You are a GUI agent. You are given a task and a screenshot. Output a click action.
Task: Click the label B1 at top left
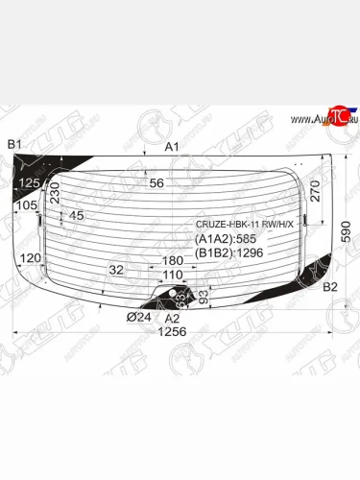[x=14, y=144]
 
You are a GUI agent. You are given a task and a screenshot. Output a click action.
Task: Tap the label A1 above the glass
[x=173, y=147]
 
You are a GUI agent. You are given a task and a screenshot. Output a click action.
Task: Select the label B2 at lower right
[x=329, y=287]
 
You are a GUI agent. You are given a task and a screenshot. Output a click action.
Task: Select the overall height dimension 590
[x=348, y=230]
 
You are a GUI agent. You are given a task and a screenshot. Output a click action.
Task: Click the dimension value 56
[x=157, y=183]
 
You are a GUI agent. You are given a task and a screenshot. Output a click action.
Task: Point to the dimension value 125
[x=32, y=182]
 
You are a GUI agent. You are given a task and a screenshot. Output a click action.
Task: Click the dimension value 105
[x=26, y=205]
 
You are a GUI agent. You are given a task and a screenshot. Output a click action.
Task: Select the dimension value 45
[x=77, y=216]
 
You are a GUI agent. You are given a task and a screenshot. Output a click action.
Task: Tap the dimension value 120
[x=30, y=258]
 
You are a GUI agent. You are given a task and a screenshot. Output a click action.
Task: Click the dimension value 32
[x=116, y=270]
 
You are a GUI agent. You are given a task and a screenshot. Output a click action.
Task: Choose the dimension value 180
[x=173, y=261]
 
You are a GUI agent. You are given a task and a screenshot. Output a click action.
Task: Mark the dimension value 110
[x=172, y=275]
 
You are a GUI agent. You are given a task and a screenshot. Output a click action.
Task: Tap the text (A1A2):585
[x=227, y=240]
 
